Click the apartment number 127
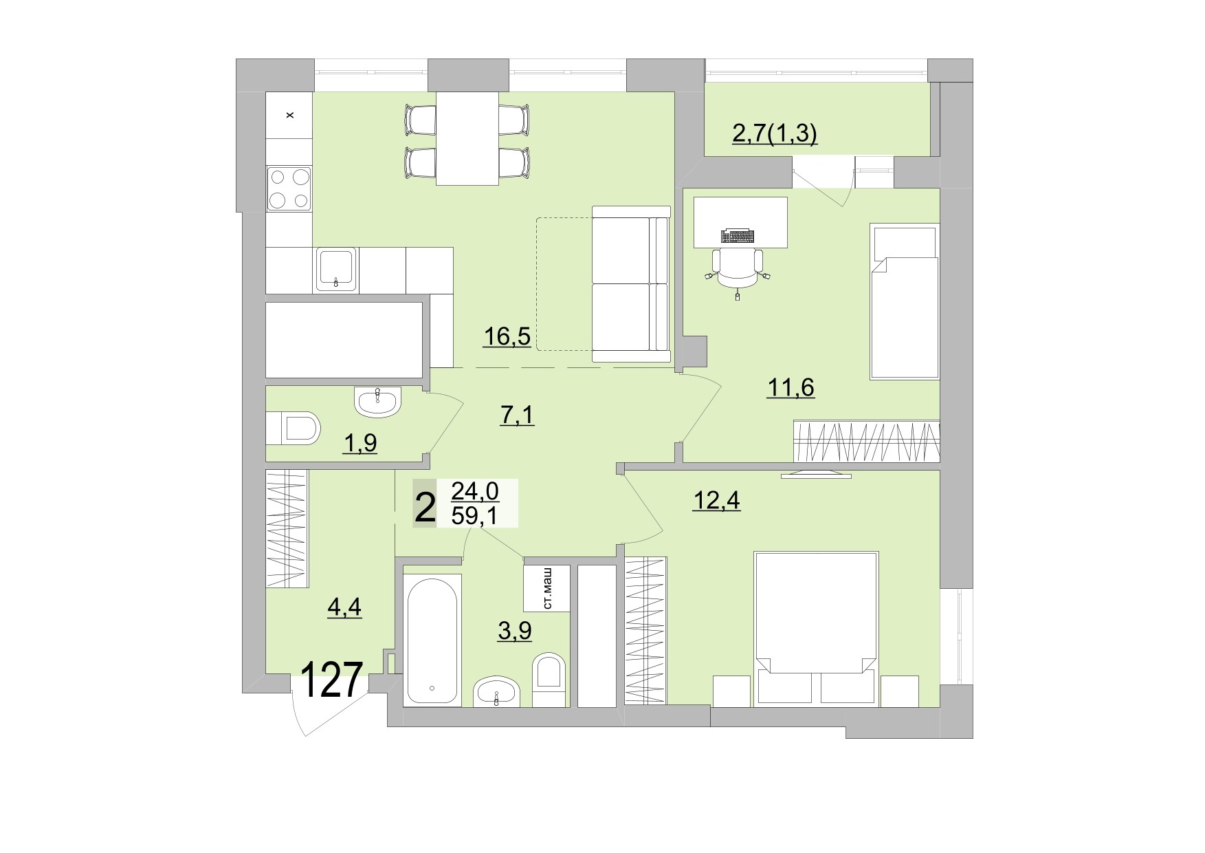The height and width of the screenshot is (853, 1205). [331, 680]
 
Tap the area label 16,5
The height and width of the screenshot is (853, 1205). [507, 337]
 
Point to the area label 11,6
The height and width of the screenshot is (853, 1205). [790, 388]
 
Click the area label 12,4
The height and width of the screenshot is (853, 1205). [716, 501]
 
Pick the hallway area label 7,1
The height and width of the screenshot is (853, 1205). [516, 415]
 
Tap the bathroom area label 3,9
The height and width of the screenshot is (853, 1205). [514, 630]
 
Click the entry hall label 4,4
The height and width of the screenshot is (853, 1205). [344, 607]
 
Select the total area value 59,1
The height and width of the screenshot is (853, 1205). [474, 515]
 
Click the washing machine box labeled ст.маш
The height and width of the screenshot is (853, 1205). [547, 589]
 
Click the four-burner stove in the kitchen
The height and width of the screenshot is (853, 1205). [289, 188]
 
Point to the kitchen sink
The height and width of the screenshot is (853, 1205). [336, 270]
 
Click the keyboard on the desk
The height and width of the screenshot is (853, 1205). [737, 236]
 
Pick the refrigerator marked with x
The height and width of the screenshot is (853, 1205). [289, 115]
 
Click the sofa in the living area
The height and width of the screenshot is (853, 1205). [630, 283]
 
